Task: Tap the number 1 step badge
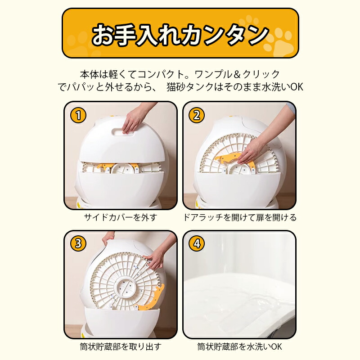point(78,115)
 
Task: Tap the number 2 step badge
point(196,115)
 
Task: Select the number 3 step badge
point(78,243)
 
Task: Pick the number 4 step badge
point(196,243)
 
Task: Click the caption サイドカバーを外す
point(121,217)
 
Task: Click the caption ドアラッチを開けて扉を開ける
point(239,217)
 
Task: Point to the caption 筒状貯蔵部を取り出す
point(121,346)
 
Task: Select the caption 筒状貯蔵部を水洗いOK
point(239,346)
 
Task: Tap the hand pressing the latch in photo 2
point(252,151)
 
